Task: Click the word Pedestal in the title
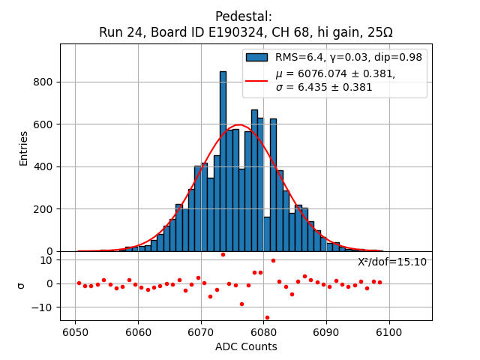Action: click(243, 16)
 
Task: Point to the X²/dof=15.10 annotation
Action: click(392, 262)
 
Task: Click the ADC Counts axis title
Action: click(246, 346)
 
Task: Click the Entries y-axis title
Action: click(23, 148)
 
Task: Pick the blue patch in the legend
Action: click(257, 57)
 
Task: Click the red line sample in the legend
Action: click(257, 80)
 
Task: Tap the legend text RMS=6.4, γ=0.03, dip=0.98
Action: click(349, 57)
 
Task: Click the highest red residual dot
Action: click(223, 254)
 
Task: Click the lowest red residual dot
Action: click(267, 317)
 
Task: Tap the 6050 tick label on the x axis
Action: click(75, 332)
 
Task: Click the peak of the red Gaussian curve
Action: click(239, 125)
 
